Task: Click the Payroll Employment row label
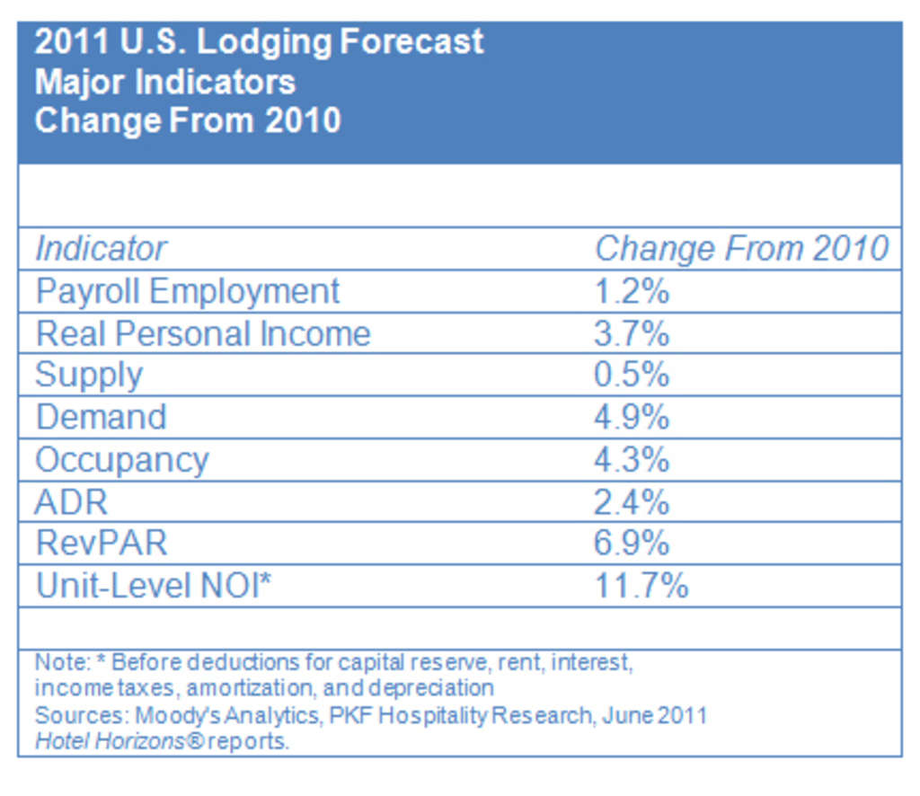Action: click(187, 291)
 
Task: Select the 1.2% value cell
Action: click(631, 291)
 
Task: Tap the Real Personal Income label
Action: click(202, 333)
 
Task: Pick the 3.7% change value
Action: click(631, 333)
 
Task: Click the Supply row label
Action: click(88, 376)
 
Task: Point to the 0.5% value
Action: click(631, 375)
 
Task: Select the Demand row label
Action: click(101, 417)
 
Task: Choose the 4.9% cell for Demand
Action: click(631, 417)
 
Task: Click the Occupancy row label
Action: click(121, 459)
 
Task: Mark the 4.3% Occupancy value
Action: click(631, 459)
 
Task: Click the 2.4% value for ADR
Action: click(631, 501)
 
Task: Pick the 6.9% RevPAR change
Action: click(631, 543)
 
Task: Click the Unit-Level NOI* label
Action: click(153, 586)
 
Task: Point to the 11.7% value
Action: click(641, 586)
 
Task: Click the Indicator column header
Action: click(101, 249)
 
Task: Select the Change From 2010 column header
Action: click(741, 249)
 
